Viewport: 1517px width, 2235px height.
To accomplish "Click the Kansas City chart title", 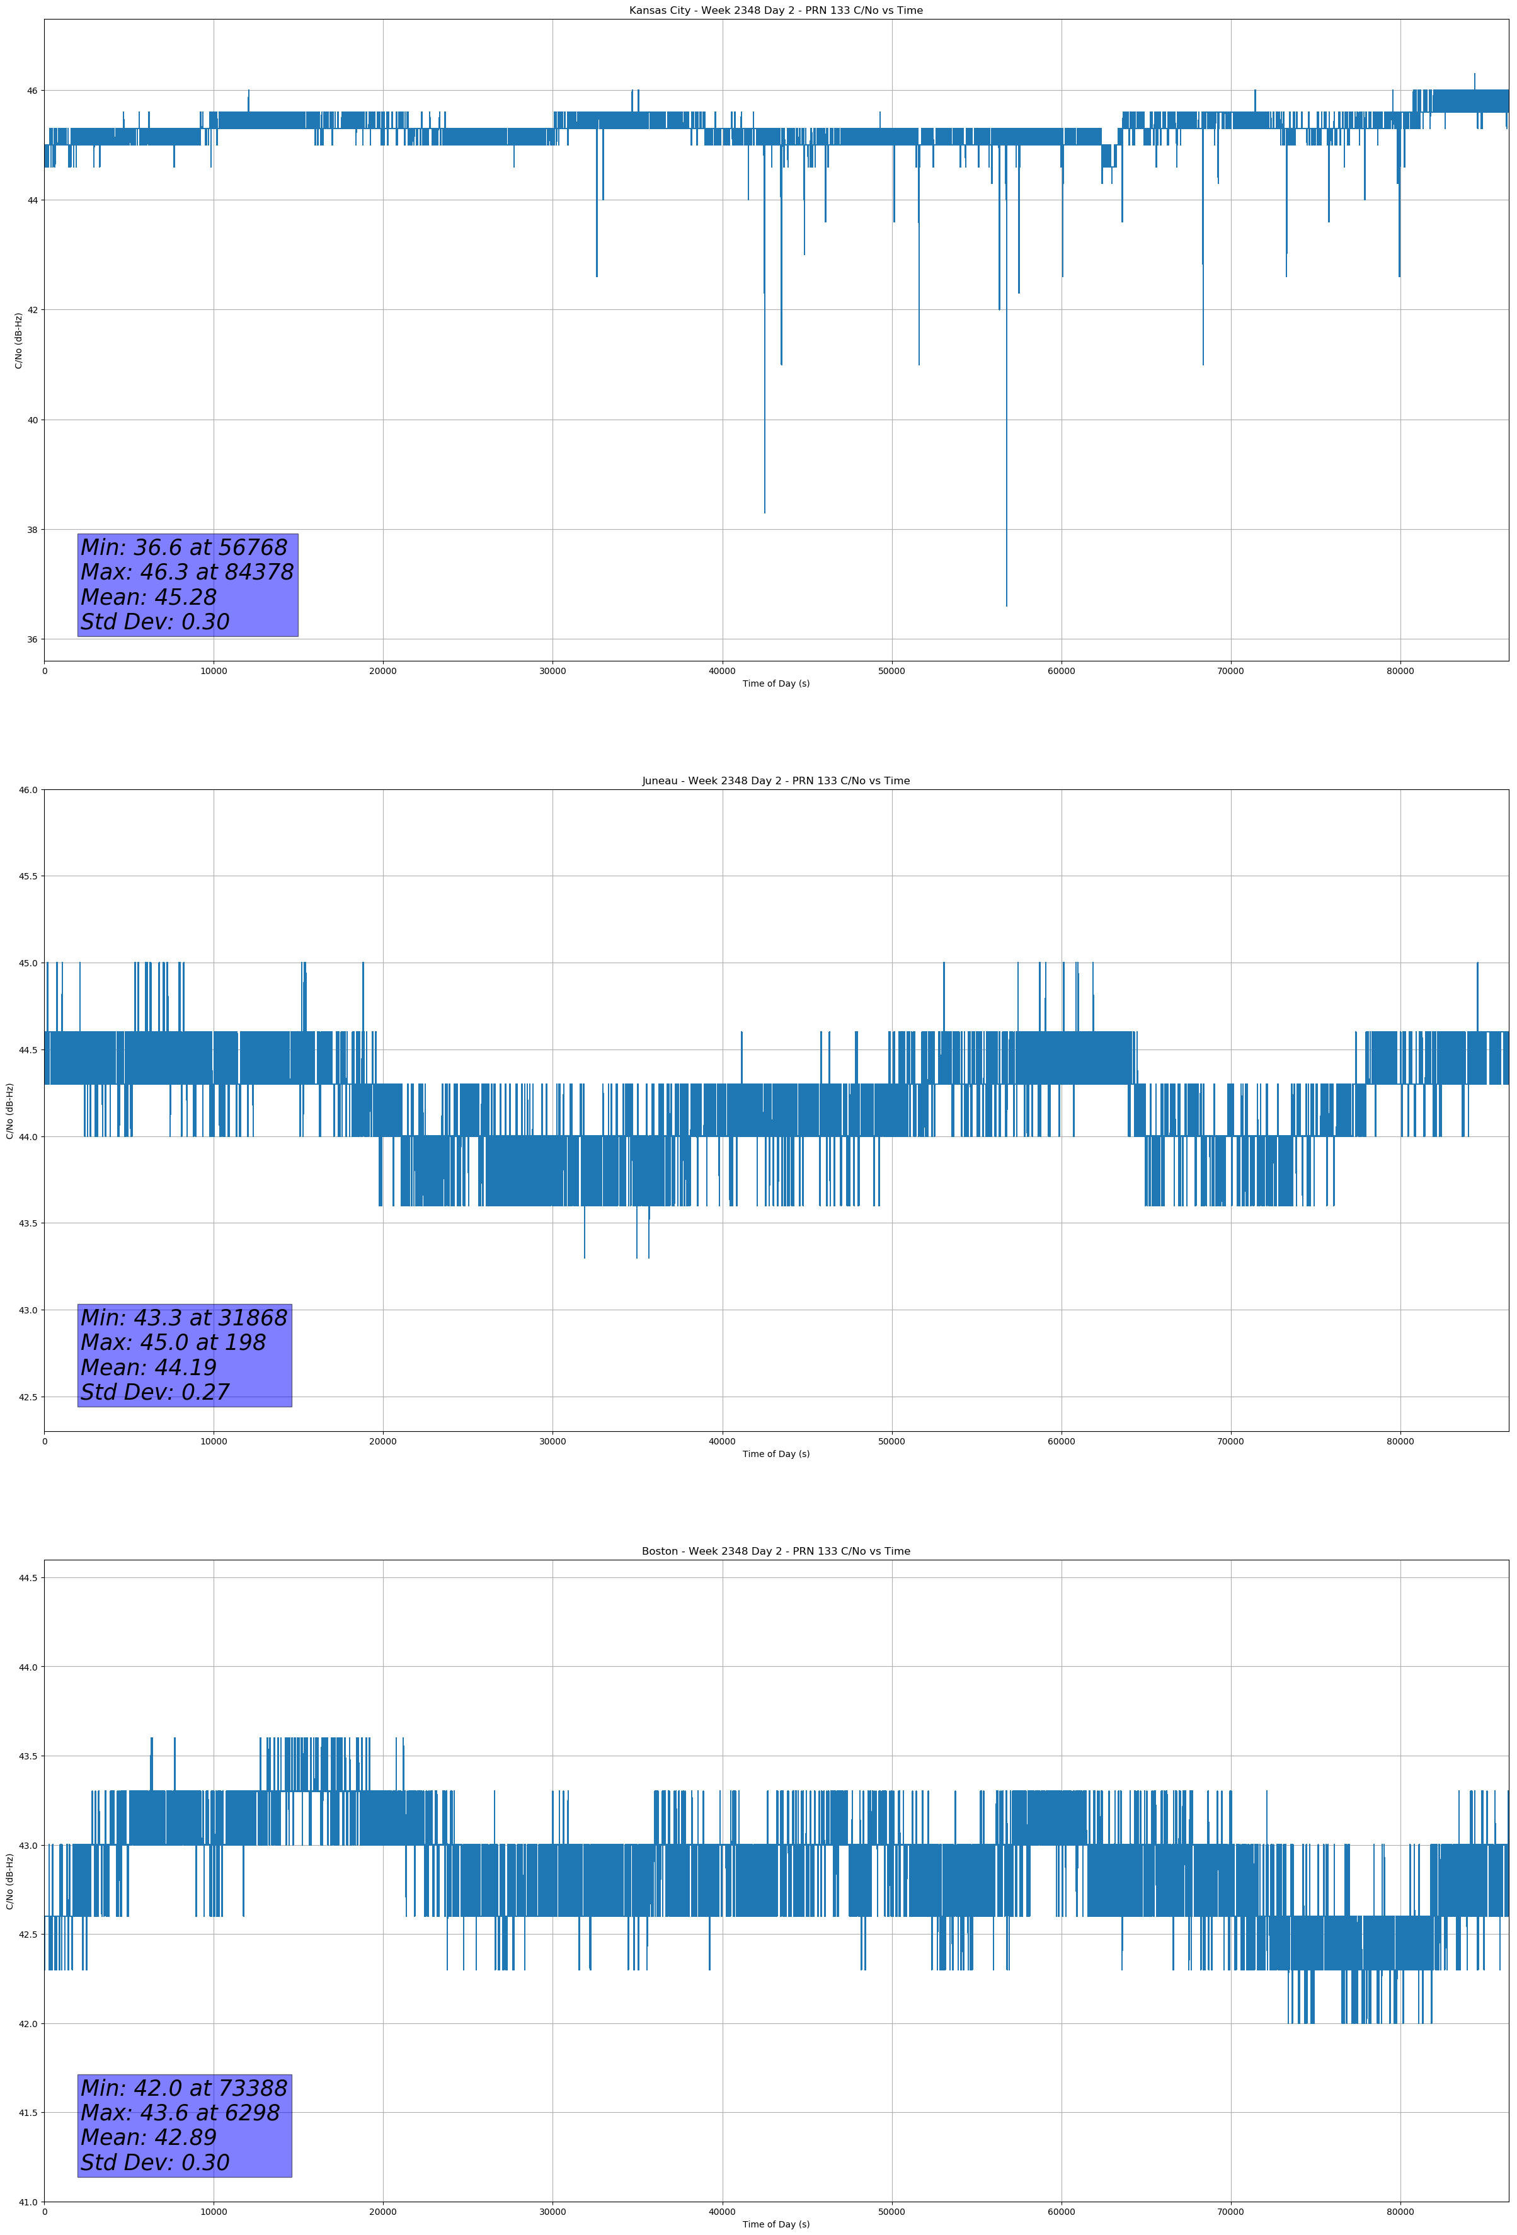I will (x=776, y=11).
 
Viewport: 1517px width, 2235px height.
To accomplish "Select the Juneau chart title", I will (x=776, y=781).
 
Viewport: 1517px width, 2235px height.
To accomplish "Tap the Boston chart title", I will (x=776, y=1552).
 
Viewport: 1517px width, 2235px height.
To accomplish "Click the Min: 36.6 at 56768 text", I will (x=184, y=547).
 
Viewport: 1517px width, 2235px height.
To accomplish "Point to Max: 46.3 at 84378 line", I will (x=186, y=572).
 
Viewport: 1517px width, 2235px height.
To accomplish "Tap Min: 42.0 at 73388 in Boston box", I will (x=184, y=2088).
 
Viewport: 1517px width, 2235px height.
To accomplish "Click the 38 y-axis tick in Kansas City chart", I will (x=31, y=530).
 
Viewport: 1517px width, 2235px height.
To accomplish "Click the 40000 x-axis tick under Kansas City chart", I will (x=721, y=672).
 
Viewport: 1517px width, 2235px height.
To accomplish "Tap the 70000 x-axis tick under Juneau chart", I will (x=1230, y=1441).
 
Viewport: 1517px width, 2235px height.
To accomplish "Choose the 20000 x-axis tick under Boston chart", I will (x=383, y=2212).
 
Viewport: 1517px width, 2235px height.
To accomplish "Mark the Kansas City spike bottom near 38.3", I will (x=765, y=512).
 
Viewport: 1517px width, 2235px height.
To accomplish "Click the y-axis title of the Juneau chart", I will (x=9, y=1111).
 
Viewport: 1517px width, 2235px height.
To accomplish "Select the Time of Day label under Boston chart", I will (x=776, y=2224).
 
